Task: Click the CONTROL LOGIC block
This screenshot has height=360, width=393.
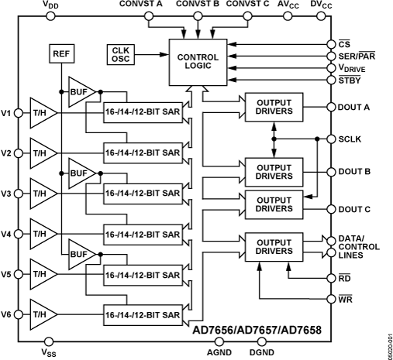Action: point(198,61)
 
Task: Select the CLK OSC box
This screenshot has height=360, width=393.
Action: point(120,55)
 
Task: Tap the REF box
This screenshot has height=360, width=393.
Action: point(60,53)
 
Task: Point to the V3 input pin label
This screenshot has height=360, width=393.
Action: point(7,193)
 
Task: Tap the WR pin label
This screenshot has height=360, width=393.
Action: point(346,297)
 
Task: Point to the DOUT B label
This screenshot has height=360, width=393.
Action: point(354,171)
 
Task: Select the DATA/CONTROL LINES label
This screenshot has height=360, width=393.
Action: point(360,246)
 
